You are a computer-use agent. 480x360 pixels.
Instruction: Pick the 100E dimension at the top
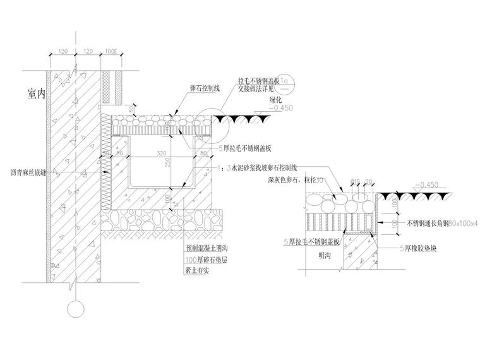pyautogui.click(x=111, y=50)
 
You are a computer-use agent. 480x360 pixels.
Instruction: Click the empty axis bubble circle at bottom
pyautogui.click(x=75, y=309)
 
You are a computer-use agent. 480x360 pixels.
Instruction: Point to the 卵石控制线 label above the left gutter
pyautogui.click(x=205, y=88)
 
